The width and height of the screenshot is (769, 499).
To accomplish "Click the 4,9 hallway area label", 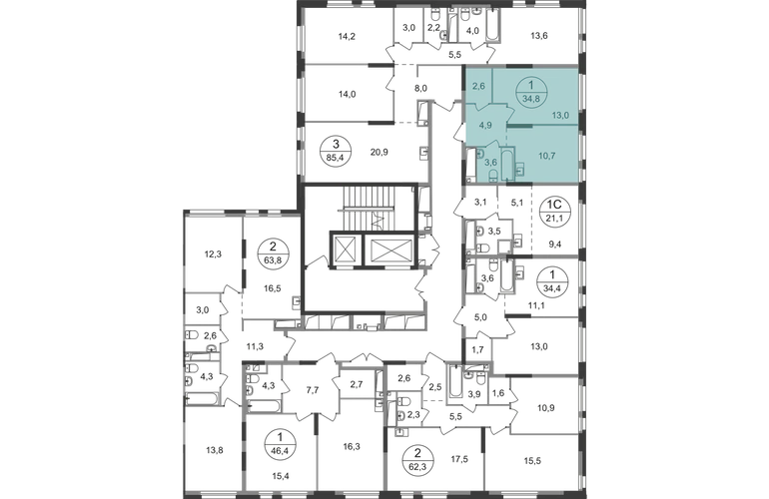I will tap(485, 126).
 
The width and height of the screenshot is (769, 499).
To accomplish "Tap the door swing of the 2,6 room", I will tap(492, 104).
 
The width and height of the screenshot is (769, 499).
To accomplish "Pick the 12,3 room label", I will tap(212, 253).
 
